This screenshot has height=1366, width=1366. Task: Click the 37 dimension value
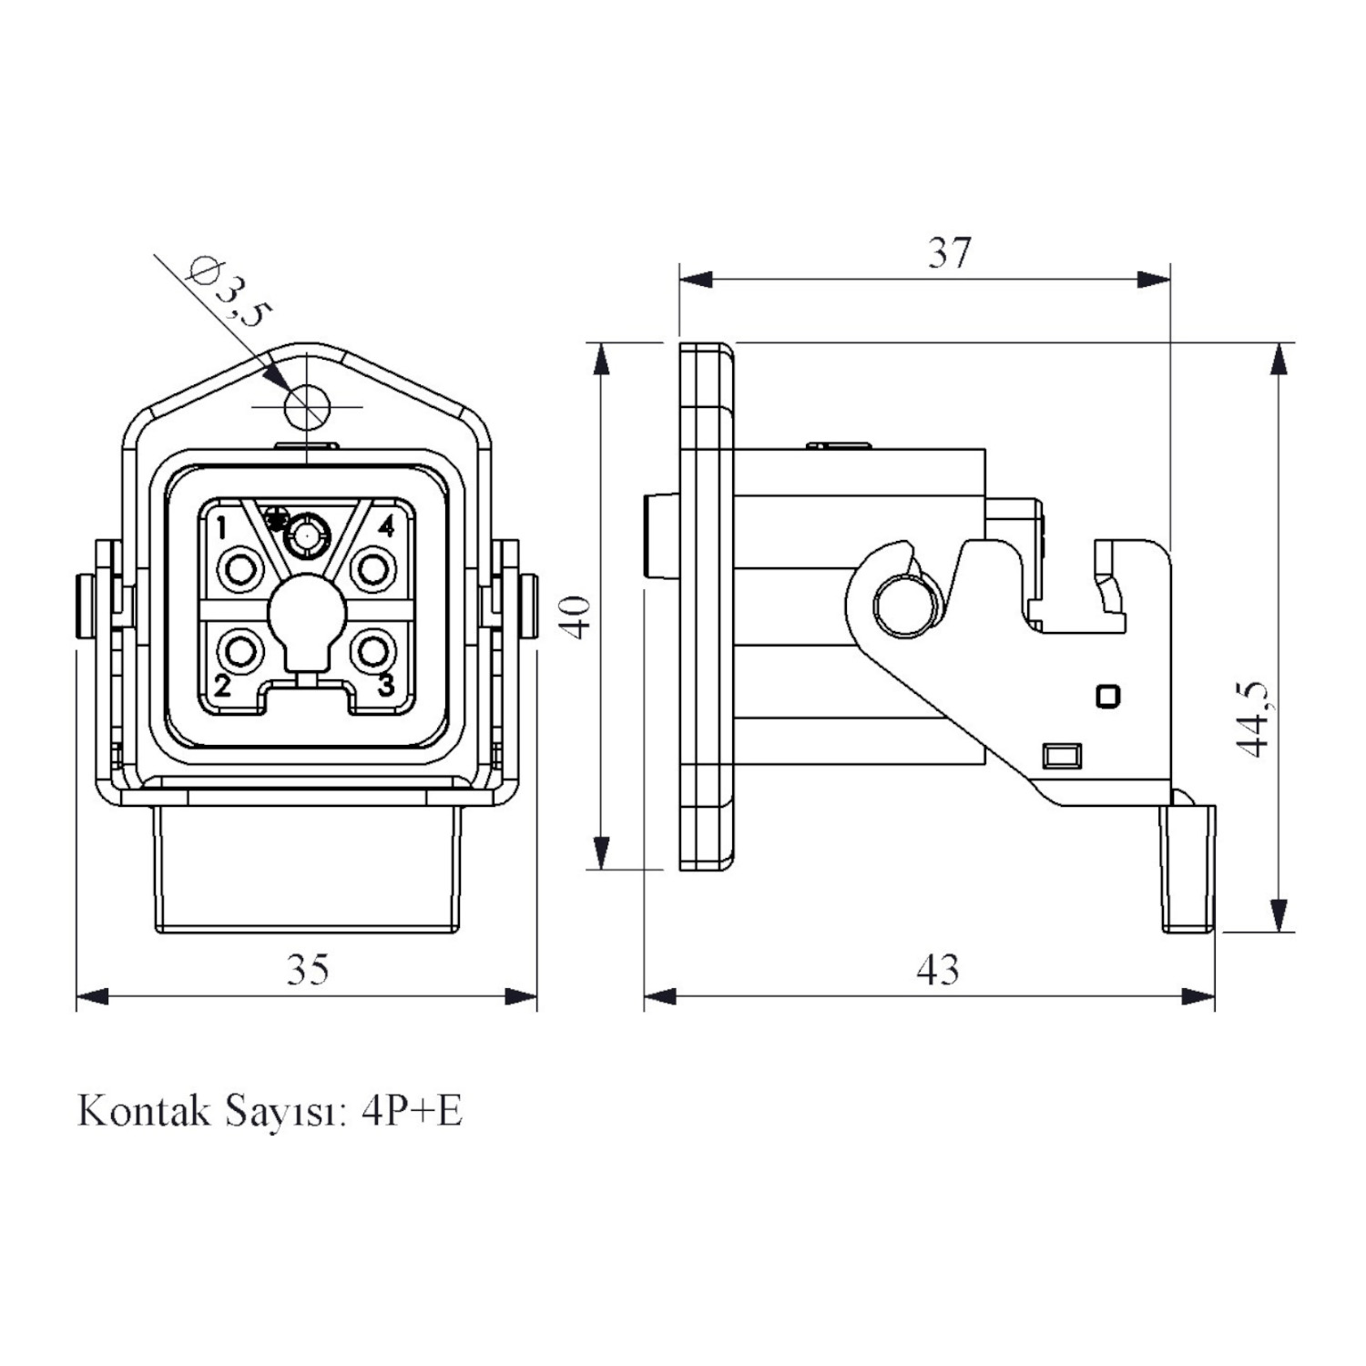(x=950, y=252)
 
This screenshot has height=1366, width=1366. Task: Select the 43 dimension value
(x=938, y=970)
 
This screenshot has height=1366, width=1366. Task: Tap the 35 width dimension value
(x=308, y=970)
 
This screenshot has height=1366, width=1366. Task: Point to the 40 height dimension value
(x=577, y=617)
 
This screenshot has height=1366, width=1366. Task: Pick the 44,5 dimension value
(x=1256, y=719)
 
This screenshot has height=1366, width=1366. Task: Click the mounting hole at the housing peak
(x=306, y=406)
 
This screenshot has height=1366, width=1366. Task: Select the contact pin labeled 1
(x=240, y=570)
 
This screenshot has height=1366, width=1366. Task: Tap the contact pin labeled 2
(x=240, y=652)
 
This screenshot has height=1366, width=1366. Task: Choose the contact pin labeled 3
(x=373, y=652)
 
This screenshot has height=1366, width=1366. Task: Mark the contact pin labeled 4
(x=373, y=570)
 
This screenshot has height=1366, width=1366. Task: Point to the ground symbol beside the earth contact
(x=273, y=520)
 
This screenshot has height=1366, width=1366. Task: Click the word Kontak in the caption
(x=144, y=1111)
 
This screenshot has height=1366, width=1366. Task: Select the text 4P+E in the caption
(x=413, y=1111)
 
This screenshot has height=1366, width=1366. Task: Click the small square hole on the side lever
(x=1108, y=696)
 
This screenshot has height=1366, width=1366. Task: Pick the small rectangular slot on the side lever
(x=1062, y=755)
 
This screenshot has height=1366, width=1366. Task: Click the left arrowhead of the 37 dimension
(x=696, y=280)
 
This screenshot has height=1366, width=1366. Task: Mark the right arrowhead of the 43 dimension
(x=1198, y=996)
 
